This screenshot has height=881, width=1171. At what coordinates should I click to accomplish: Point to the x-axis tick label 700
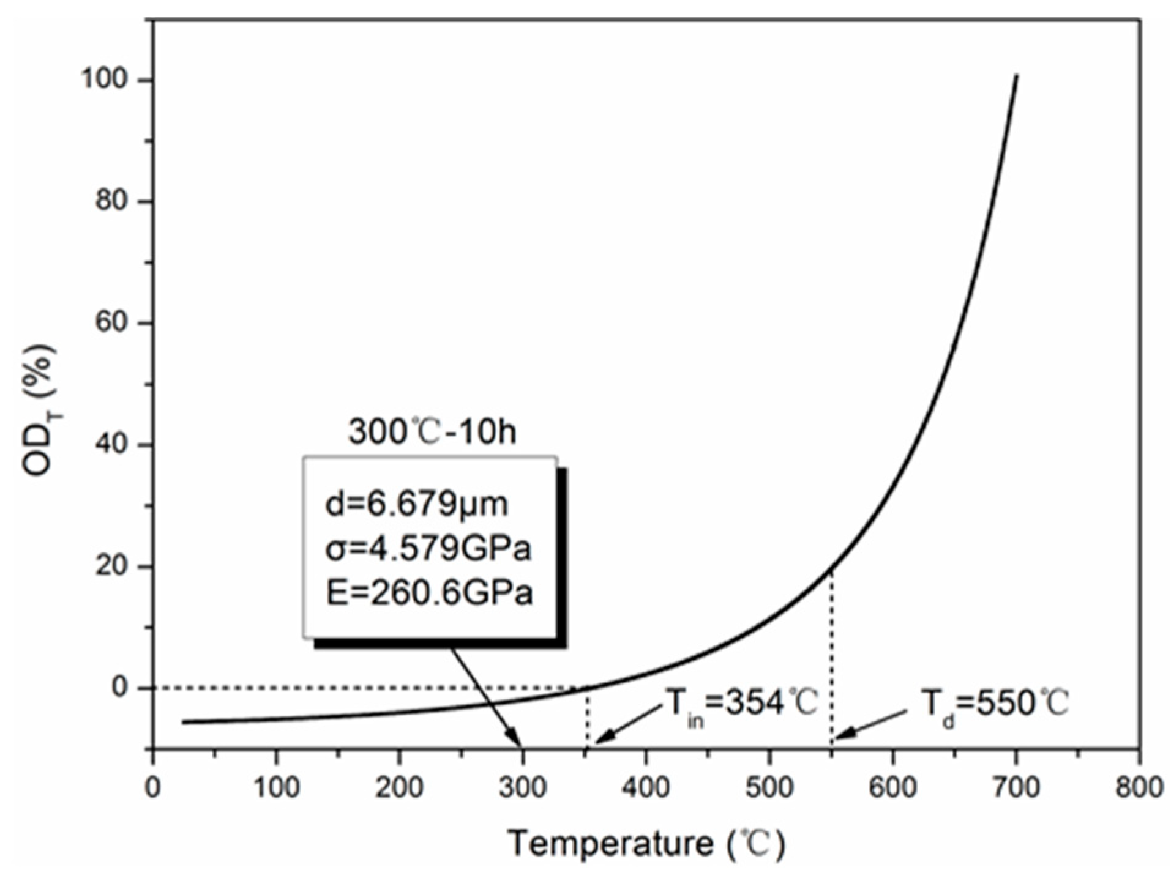[x=1016, y=787]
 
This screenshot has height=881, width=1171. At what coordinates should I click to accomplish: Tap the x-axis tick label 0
[x=152, y=787]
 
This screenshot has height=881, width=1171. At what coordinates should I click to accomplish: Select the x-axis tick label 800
[x=1139, y=787]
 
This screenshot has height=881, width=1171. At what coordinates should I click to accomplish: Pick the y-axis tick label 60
[x=116, y=323]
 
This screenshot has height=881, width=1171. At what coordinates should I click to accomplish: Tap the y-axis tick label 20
[x=116, y=567]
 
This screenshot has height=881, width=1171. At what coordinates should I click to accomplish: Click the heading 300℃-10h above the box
[x=432, y=431]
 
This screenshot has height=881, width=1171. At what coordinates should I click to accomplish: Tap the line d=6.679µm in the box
[x=416, y=505]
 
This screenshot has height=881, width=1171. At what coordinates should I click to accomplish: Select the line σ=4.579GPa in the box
[x=428, y=549]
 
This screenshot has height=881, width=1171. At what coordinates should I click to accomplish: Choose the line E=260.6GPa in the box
[x=429, y=593]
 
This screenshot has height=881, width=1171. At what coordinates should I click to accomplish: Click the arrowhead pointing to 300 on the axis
[x=520, y=743]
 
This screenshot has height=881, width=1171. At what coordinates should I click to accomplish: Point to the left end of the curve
[x=183, y=723]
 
